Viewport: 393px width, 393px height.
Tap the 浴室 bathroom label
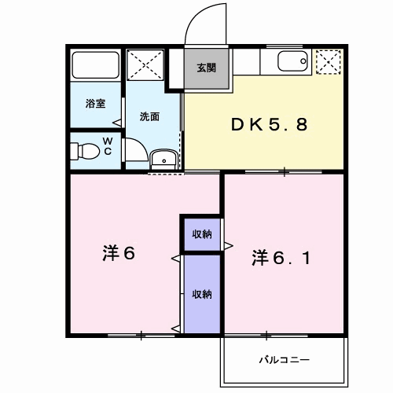tap(94, 104)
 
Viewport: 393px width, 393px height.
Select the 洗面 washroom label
tap(149, 117)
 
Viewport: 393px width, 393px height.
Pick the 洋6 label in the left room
tap(119, 254)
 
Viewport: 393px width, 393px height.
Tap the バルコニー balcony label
tap(285, 360)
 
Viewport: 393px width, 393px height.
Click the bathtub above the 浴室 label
tap(95, 64)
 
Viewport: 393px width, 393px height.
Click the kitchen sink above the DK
tap(292, 62)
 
